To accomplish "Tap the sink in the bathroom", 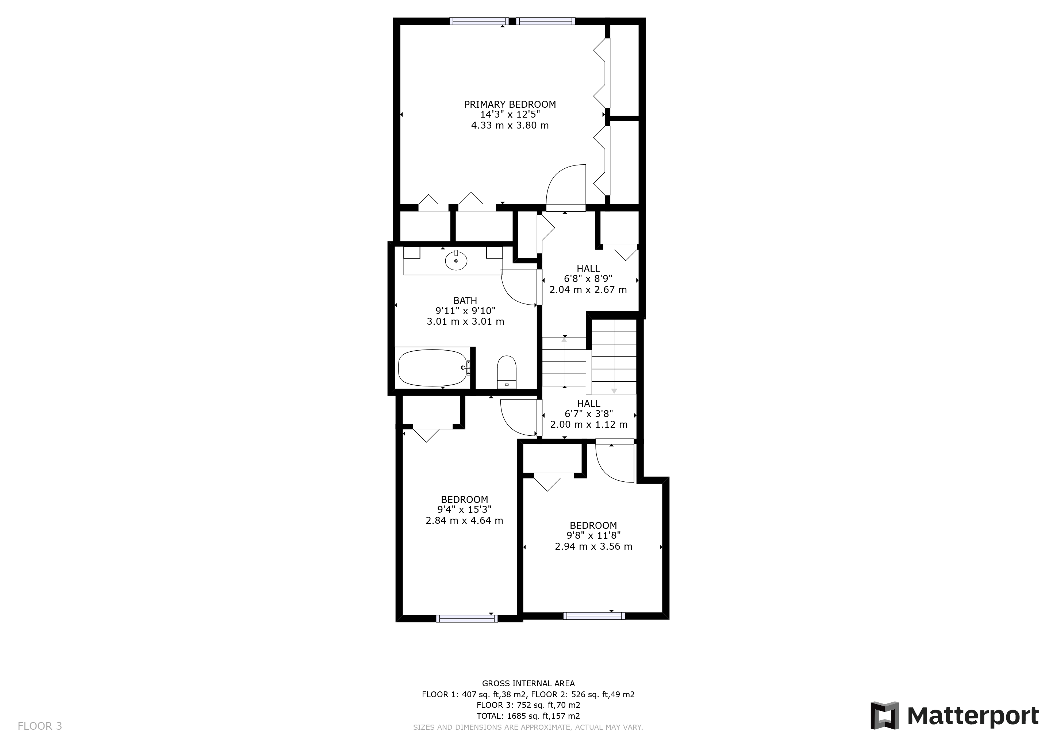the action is [456, 261].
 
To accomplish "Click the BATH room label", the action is [465, 301].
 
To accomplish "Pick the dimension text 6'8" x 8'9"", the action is [588, 279].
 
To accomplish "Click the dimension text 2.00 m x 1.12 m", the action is [589, 424].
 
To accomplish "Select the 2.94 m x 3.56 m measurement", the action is [593, 546].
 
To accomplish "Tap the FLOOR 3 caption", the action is [39, 726].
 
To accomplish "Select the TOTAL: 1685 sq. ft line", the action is [528, 716].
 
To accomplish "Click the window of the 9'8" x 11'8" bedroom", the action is [594, 616].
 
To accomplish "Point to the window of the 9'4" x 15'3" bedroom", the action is [467, 619].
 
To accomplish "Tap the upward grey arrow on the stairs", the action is [564, 362].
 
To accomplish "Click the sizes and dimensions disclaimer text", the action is [528, 727].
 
